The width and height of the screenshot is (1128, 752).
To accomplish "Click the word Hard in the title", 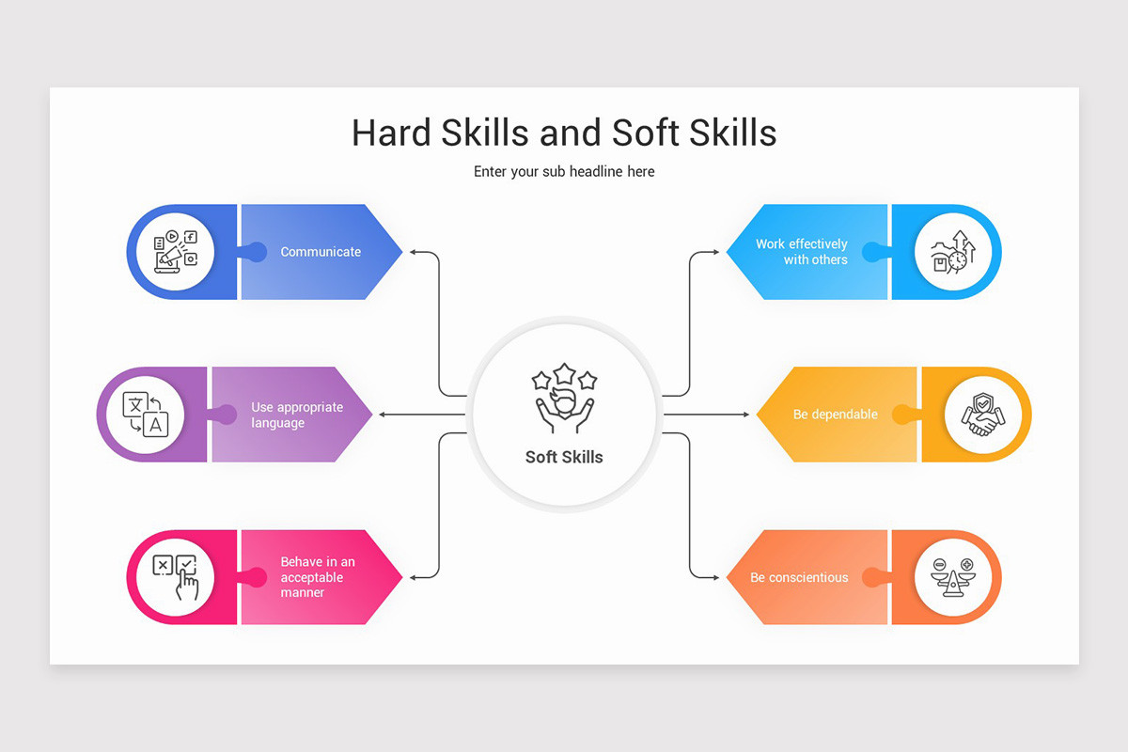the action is coord(391,133).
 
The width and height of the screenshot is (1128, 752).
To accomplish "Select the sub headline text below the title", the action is coord(564,172).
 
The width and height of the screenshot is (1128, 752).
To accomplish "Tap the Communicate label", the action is coord(321,252).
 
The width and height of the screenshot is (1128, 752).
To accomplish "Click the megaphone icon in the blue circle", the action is coord(175,252).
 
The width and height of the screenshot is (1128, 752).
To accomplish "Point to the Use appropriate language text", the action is coord(297,415).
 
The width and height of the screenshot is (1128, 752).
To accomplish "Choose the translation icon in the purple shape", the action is coord(146,415).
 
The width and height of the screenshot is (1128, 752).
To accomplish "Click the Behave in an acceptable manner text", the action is coord(318,577).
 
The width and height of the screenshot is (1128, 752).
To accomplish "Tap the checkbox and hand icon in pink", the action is coord(175,577).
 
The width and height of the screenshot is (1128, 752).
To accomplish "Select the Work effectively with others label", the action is coord(802,252).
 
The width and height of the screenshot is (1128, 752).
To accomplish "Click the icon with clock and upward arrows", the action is coord(953,252).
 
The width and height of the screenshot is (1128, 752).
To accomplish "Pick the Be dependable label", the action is coord(836,415).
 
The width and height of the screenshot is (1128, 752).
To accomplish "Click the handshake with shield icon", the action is coord(983,415).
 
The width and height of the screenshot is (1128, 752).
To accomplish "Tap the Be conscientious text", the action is coord(799,577).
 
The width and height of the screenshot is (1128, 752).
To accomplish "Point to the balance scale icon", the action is coord(953,577).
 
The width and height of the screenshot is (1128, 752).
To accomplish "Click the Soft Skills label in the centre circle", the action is coord(564,457).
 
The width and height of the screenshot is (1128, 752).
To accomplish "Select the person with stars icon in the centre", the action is coord(564,398).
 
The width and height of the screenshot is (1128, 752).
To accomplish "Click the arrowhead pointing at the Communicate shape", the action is coord(413,252).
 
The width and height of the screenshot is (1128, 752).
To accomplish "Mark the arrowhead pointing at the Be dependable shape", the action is coord(746,415).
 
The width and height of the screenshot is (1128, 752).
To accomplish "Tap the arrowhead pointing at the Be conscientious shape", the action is coord(715,577).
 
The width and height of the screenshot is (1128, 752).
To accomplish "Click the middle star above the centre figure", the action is coord(565,374).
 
